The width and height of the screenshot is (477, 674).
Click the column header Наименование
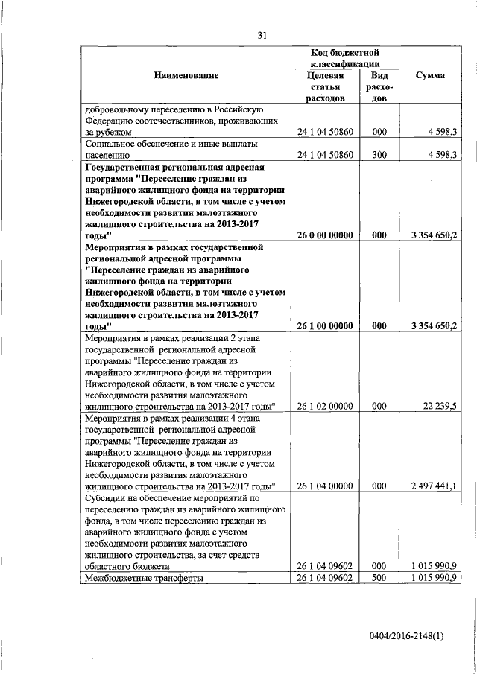[186, 75]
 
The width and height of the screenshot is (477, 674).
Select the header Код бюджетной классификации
[345, 59]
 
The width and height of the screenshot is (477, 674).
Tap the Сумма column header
[431, 75]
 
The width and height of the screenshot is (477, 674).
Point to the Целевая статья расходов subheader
[325, 86]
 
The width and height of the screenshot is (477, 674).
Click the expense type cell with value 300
[379, 155]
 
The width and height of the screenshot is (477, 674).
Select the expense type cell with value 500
[379, 578]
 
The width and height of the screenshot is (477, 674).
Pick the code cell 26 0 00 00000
[325, 235]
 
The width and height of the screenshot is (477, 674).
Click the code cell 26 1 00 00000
[325, 325]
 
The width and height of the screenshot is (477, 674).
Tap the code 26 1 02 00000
[325, 406]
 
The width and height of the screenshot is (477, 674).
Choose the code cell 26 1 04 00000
[325, 486]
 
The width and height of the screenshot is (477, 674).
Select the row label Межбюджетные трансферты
[144, 578]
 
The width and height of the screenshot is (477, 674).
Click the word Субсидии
[106, 497]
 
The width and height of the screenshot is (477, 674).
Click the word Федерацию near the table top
[113, 119]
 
